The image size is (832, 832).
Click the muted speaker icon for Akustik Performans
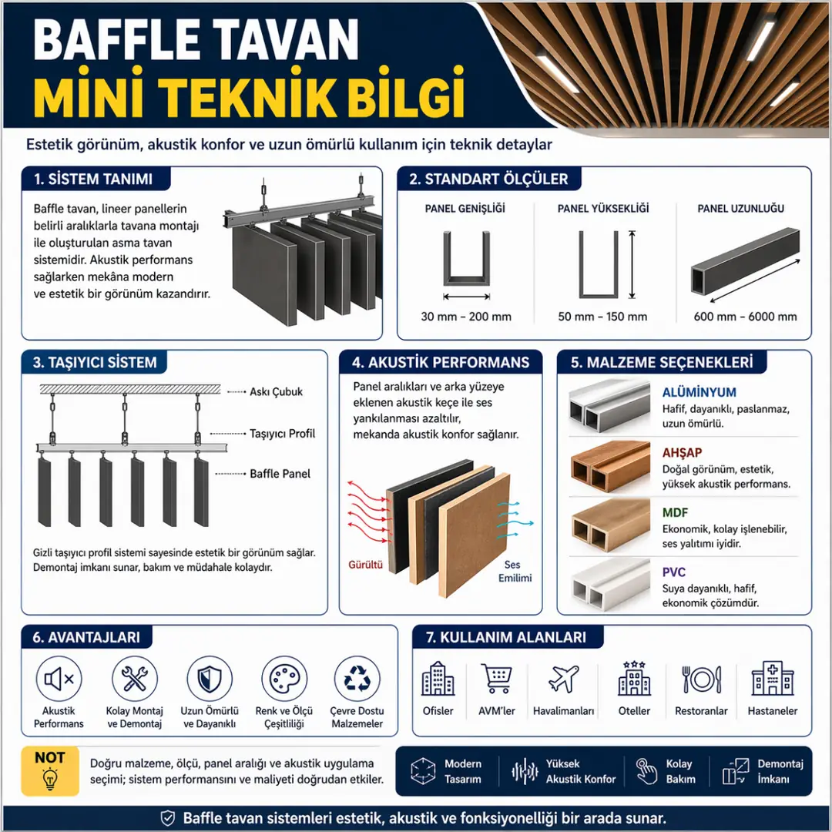pos(59,679)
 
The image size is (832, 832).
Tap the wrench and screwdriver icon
pos(135,679)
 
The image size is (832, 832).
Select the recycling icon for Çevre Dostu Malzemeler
pos(357,679)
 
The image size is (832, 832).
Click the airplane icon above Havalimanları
pos(563,679)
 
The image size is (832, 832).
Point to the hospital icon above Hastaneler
pos(773,679)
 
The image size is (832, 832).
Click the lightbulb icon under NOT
pos(50,778)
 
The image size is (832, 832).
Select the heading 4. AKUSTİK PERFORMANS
pos(441,362)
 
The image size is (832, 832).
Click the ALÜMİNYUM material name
pos(699,392)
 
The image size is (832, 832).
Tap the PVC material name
pos(673,572)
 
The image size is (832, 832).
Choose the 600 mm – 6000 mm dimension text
pos(745,317)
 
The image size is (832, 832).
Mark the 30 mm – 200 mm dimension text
pos(466,317)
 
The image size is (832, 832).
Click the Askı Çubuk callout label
pos(276,391)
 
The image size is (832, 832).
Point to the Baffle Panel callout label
pos(280,474)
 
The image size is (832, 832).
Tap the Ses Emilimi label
pos(514,572)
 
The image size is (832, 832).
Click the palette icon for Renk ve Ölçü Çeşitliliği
pos(284,679)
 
